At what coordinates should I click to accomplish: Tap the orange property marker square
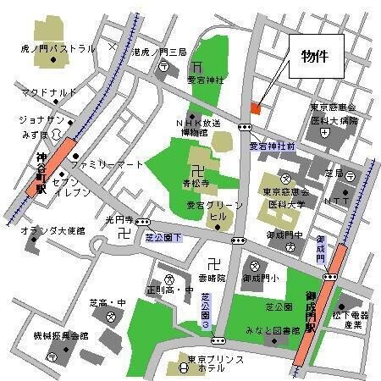(x=256, y=108)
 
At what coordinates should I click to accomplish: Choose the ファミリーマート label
(x=108, y=165)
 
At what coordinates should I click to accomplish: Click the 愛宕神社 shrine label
(x=206, y=80)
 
